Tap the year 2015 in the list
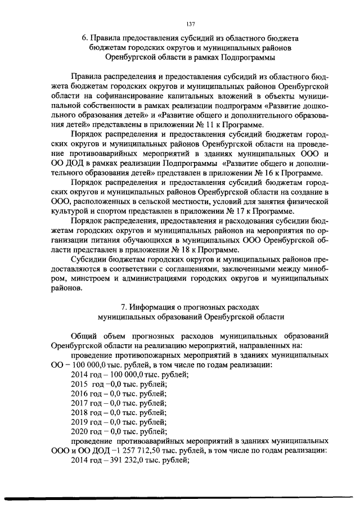click(79, 384)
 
